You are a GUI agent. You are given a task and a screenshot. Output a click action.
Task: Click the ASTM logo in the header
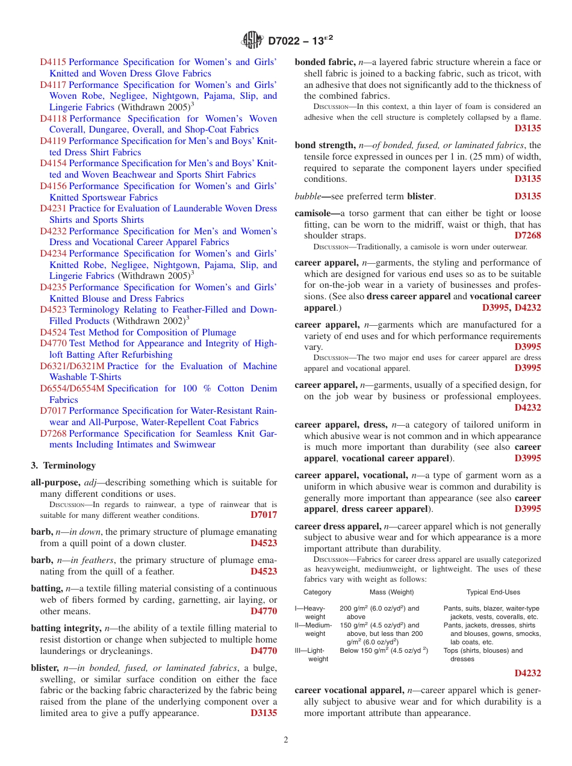(x=252, y=40)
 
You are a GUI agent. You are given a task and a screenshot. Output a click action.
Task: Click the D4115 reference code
(x=53, y=62)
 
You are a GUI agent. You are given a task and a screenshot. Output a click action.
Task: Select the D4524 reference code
(x=53, y=332)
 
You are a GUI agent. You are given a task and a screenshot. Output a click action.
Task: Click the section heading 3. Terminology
(x=63, y=466)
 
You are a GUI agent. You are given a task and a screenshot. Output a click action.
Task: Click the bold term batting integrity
(x=63, y=628)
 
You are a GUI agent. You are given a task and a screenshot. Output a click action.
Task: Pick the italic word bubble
(x=308, y=196)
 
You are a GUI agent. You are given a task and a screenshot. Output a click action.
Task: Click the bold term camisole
(x=316, y=214)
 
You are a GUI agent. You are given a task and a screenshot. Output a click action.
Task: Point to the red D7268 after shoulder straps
(x=527, y=235)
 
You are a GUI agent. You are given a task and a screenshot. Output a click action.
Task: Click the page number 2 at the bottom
(x=286, y=740)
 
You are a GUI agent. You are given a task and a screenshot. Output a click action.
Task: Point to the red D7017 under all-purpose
(x=264, y=515)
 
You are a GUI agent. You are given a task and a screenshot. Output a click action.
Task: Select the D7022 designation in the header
(x=299, y=41)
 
